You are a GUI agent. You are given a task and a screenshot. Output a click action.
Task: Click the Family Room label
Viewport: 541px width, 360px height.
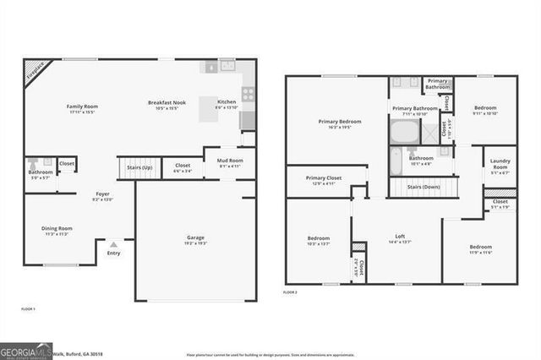click(83, 107)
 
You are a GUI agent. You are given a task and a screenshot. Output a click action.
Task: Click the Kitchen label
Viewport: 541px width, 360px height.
click(227, 104)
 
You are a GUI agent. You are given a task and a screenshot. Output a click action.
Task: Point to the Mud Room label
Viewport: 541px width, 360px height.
click(230, 161)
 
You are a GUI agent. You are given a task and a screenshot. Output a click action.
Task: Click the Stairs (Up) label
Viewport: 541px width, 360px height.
click(139, 167)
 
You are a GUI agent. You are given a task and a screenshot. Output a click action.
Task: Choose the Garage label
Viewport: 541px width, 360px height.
click(196, 239)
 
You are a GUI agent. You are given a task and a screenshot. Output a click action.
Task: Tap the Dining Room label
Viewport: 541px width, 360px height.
click(57, 229)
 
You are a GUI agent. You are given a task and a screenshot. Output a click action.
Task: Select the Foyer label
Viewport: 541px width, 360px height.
click(102, 195)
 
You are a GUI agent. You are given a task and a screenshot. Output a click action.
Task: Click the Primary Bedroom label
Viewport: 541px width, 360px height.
click(340, 123)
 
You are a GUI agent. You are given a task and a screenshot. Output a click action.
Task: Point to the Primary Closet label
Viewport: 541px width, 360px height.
click(324, 179)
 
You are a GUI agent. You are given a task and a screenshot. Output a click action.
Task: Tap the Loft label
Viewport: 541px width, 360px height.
click(401, 237)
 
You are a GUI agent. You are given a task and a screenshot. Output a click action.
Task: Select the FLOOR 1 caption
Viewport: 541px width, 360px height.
click(29, 309)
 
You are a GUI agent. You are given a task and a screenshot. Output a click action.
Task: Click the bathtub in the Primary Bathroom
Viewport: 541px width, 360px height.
click(403, 131)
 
